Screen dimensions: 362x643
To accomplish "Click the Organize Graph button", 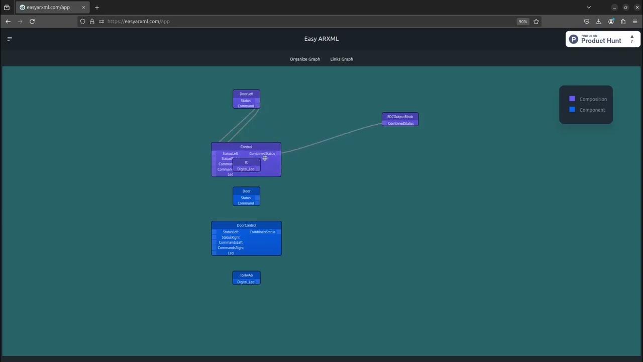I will coord(304,59).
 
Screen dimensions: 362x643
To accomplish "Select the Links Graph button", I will coord(342,59).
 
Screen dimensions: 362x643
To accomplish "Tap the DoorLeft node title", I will coord(246,94).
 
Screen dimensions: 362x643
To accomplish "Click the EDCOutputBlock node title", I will coord(400,117).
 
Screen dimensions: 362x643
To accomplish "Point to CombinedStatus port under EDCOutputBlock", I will coord(401,123).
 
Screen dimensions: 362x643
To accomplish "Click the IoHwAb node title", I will coord(246,275).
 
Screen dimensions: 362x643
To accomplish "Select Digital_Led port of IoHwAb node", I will coord(246,282).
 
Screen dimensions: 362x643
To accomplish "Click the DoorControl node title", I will coord(246,225).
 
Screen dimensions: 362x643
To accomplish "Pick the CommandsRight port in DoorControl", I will coord(231,248).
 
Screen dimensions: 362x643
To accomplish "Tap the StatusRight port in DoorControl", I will coord(231,237).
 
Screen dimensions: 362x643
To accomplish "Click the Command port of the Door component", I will coord(246,203).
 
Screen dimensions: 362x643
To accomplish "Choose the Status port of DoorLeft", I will coord(246,101).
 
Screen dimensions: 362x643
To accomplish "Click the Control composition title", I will coord(246,147).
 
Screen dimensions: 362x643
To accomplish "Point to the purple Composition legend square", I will coord(572,99).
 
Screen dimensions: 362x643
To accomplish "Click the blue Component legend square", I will coord(572,110).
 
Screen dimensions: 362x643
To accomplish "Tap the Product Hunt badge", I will coord(603,39).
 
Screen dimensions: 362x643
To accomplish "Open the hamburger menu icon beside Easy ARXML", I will coord(10,39).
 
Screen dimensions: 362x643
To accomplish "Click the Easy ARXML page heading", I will coord(321,39).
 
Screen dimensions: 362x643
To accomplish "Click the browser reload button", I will coord(32,22).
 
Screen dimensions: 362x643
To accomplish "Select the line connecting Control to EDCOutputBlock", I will coord(332,138).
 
